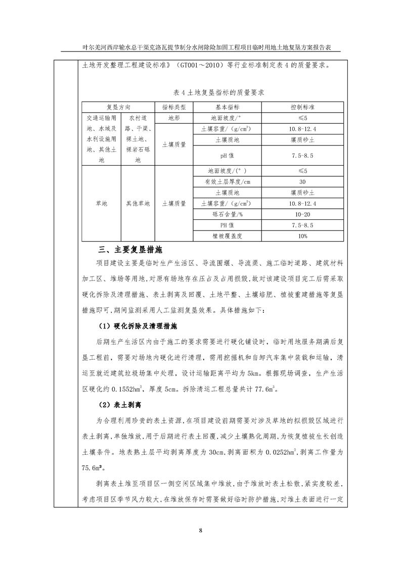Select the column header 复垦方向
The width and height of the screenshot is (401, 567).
coord(118,108)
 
